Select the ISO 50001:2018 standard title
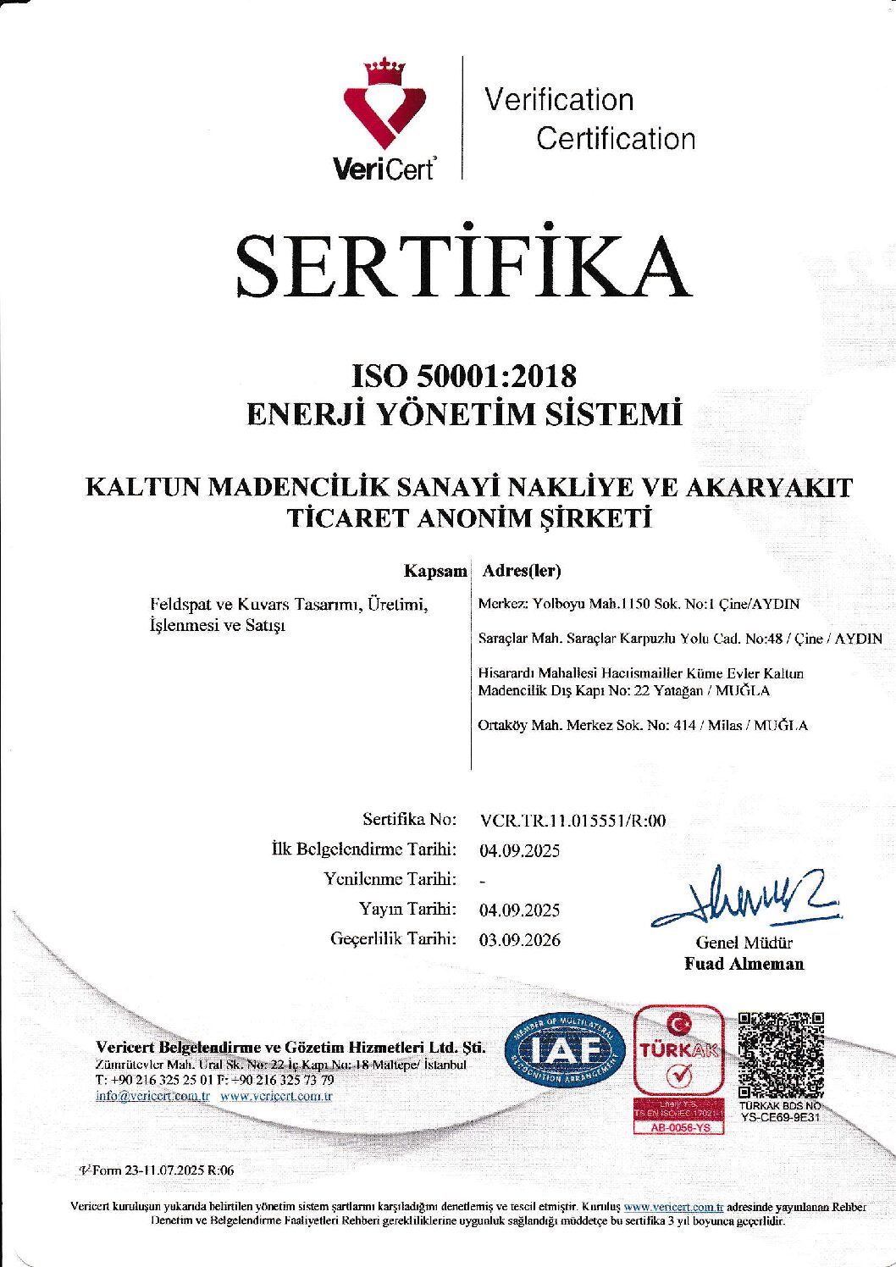tap(464, 374)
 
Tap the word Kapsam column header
tap(434, 571)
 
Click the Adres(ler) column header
tap(521, 571)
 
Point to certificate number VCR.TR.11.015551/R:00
tap(572, 820)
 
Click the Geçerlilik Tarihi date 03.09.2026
tap(519, 939)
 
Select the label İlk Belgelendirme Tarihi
tap(364, 849)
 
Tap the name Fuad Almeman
tap(744, 964)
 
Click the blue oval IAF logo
tap(565, 1051)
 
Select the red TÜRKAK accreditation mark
tap(679, 1058)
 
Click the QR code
tap(781, 1054)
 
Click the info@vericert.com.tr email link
tap(152, 1096)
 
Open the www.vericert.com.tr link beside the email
tap(276, 1096)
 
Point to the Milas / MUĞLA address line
tap(643, 725)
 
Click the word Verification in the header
tap(559, 100)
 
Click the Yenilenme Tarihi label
tap(390, 879)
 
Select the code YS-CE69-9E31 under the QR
tap(780, 1117)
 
